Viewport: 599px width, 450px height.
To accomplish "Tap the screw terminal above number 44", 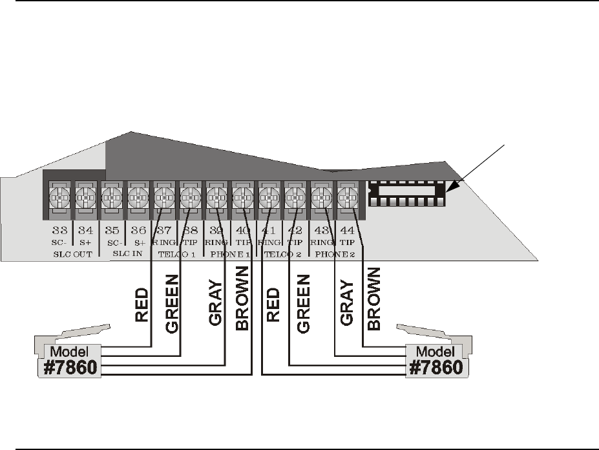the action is click(348, 195).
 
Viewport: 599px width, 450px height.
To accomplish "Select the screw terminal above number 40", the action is click(242, 195).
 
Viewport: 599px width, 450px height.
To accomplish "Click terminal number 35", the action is click(112, 230).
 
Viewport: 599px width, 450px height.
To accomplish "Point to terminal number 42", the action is click(295, 230).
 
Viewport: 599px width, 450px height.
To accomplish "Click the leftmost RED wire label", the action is click(143, 306).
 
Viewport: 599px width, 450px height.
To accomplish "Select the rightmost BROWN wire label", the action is click(373, 301).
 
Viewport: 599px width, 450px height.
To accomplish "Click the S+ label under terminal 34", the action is click(85, 241).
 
